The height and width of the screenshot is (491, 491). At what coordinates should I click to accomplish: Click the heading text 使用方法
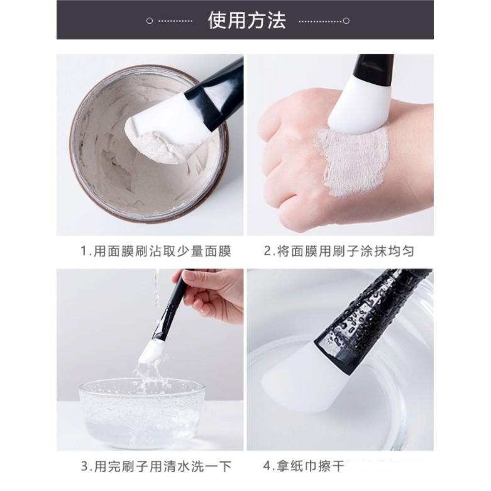tap(246, 20)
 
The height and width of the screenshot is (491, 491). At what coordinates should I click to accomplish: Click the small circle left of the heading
tap(149, 21)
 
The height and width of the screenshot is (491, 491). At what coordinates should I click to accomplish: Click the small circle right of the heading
tap(346, 21)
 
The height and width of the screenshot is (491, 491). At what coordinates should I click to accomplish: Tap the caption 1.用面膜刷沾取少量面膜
tap(156, 251)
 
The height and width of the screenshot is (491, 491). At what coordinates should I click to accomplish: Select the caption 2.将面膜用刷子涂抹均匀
tap(339, 251)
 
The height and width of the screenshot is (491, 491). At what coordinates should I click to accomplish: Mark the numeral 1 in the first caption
tap(84, 251)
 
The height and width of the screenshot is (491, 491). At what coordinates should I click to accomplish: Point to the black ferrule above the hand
tap(373, 69)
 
